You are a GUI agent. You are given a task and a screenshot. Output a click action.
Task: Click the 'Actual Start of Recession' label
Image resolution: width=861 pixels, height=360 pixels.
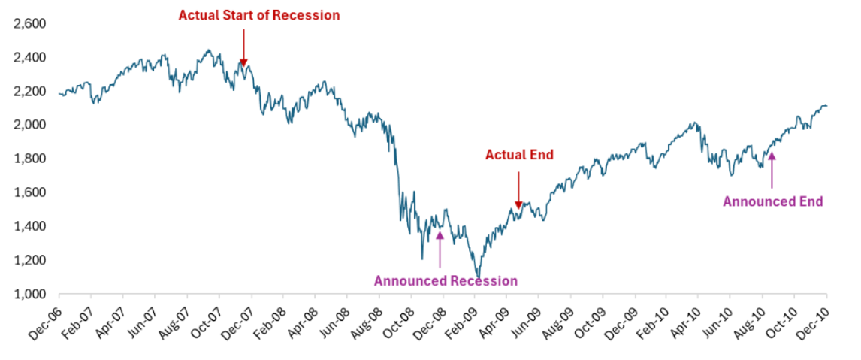point(258,15)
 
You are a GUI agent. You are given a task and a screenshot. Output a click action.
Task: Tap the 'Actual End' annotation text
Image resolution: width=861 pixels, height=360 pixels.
point(519,156)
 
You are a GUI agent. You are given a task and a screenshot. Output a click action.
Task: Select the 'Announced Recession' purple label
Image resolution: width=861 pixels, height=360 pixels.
point(446,281)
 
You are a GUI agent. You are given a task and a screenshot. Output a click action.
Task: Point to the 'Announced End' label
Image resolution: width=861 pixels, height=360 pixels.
point(772,201)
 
